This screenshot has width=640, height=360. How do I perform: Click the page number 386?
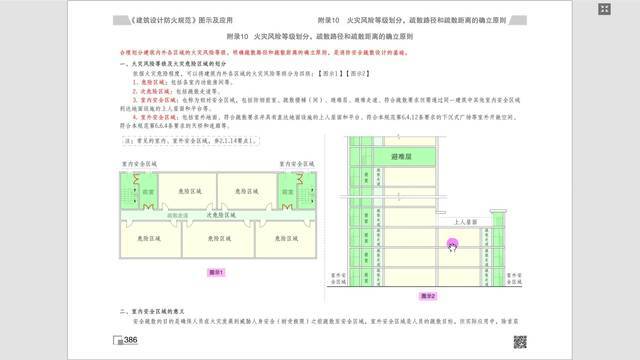pyautogui.click(x=130, y=341)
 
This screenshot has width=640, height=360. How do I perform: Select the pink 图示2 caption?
pyautogui.click(x=428, y=296)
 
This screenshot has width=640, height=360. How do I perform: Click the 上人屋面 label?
pyautogui.click(x=467, y=222)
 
